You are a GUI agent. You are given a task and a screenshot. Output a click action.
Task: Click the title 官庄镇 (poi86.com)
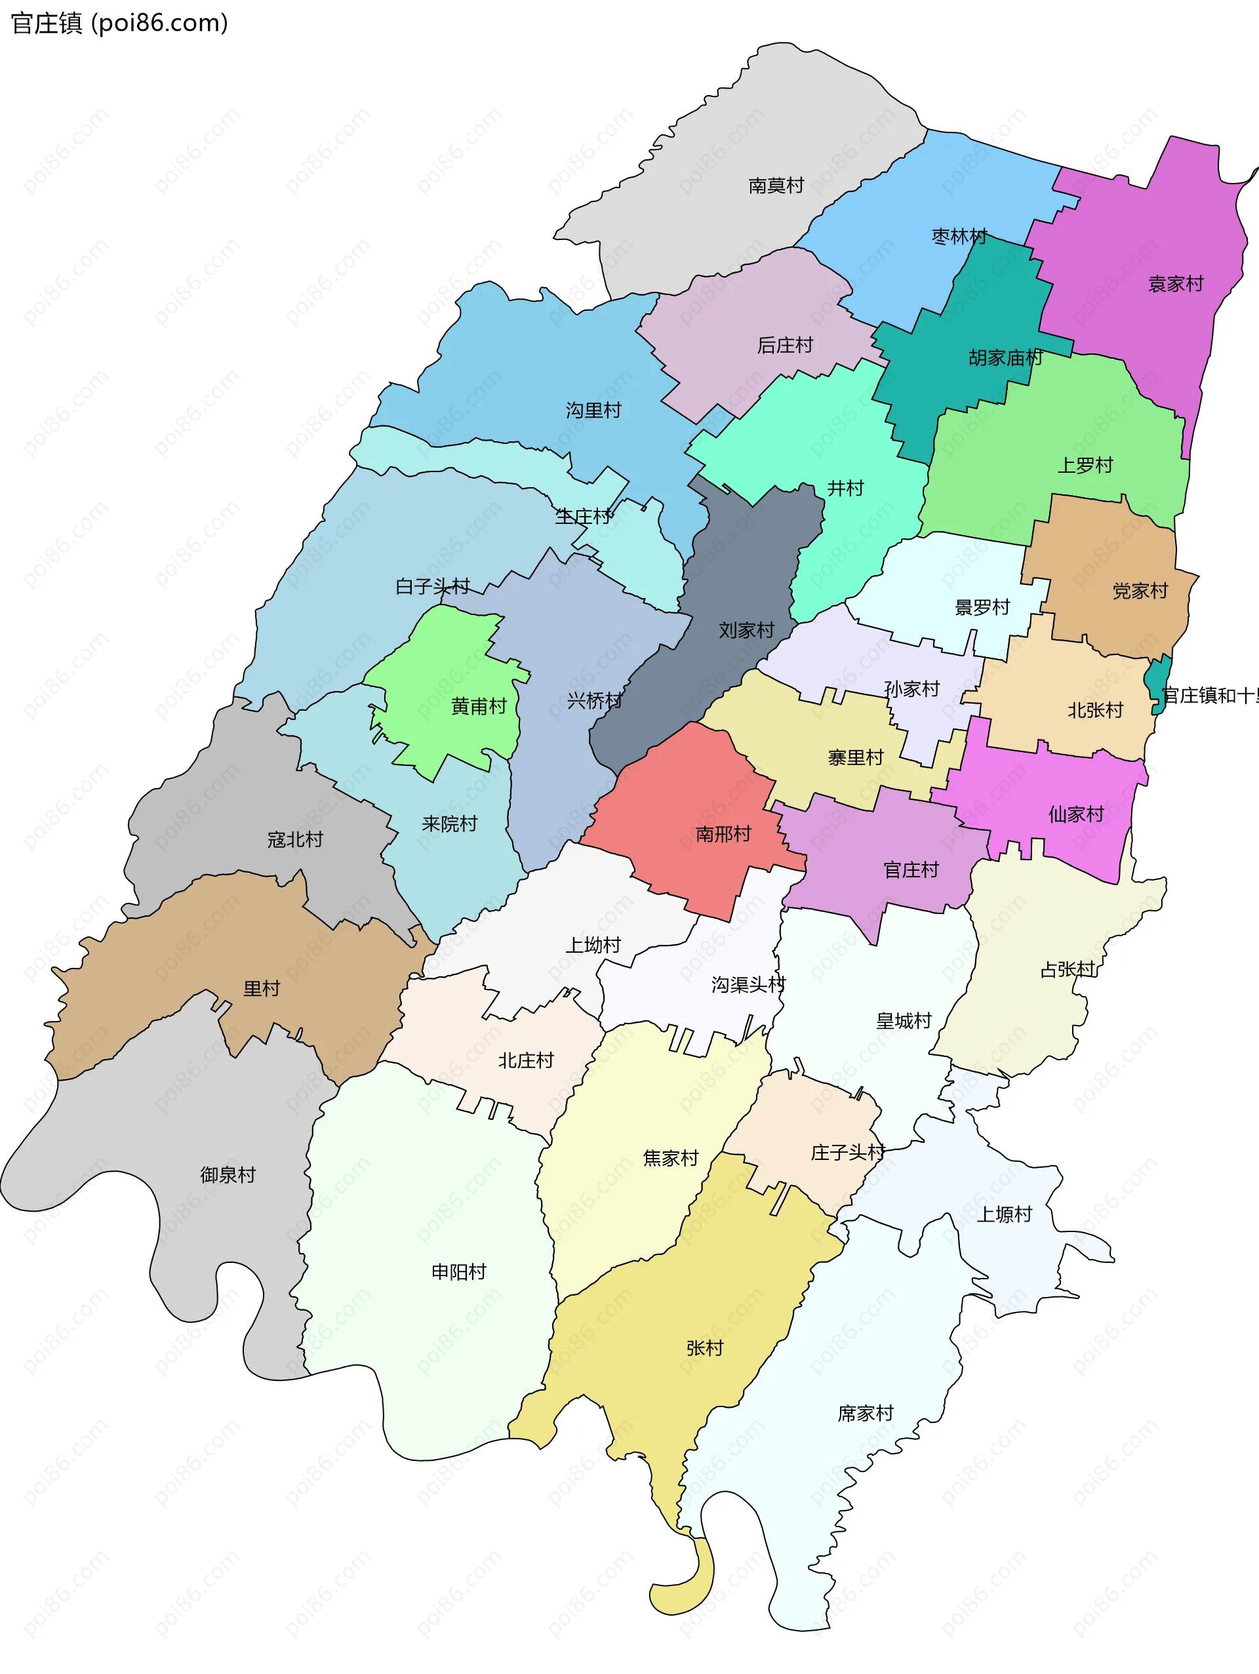coord(119,24)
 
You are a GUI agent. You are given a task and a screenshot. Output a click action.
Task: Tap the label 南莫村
coord(776,186)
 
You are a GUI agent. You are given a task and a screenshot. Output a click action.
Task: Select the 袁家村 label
coord(1175,284)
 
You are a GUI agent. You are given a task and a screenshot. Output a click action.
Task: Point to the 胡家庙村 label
coord(1005,357)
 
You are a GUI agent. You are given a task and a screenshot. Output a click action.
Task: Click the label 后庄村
coord(785,345)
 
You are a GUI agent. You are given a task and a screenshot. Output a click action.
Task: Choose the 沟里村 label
coord(593,410)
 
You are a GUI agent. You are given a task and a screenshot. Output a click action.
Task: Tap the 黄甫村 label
coord(478,706)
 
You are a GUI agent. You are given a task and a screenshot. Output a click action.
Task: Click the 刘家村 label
coord(746,629)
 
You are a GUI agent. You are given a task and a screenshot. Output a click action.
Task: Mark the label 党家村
coord(1140,590)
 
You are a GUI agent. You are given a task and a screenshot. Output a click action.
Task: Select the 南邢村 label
coord(723,834)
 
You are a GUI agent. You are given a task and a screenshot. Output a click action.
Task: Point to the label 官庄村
coord(910,869)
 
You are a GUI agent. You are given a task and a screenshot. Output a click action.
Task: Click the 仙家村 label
coord(1075,814)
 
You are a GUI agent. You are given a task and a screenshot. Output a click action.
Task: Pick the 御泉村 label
coord(228,1174)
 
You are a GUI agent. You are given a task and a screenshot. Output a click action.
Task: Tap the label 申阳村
coord(458,1271)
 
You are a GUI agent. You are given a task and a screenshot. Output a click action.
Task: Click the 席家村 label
coord(865,1413)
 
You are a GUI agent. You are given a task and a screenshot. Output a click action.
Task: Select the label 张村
coord(704,1348)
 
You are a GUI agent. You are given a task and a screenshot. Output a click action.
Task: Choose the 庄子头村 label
coord(847,1152)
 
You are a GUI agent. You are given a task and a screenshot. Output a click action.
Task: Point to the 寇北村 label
coord(294,839)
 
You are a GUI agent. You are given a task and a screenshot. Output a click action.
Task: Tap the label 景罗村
coord(982,607)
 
